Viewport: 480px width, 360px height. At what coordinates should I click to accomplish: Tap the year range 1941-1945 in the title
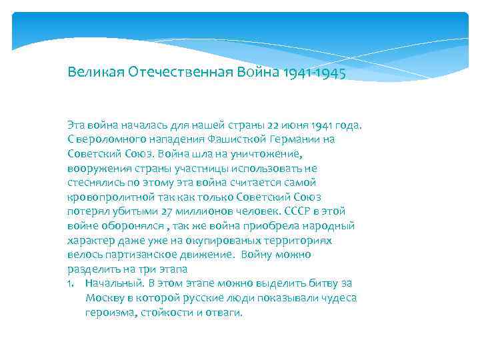[x=313, y=71]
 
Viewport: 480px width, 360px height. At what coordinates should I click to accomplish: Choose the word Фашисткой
[x=231, y=139]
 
